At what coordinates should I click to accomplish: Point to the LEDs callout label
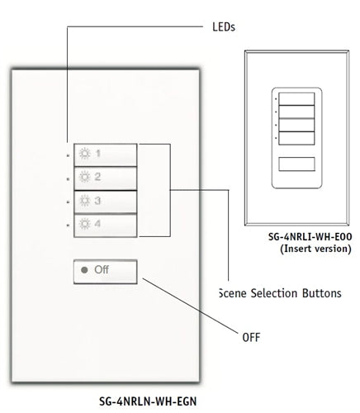point(218,26)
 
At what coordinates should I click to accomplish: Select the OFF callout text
point(251,337)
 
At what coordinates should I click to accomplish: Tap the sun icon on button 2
point(83,177)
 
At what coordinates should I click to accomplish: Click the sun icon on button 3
point(83,201)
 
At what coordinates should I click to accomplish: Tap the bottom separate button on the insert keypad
point(297,164)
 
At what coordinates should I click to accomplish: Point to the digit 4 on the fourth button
point(97,223)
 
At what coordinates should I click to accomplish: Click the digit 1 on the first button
point(97,154)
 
